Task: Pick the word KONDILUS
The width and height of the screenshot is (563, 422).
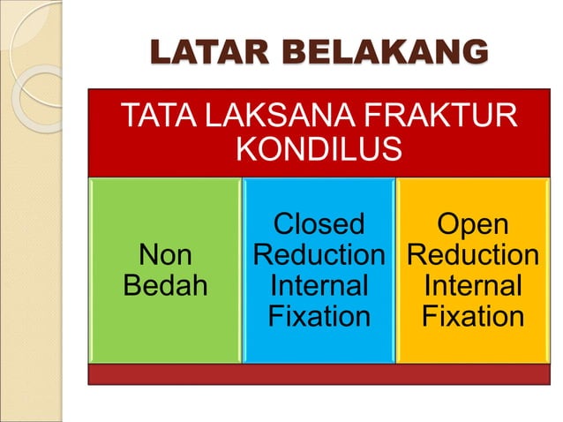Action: (x=319, y=151)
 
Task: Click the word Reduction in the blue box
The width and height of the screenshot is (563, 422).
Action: (x=319, y=256)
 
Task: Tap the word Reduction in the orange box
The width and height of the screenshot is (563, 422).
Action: (x=472, y=256)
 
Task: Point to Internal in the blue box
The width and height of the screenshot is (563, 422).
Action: (x=319, y=286)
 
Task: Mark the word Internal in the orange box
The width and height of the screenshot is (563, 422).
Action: (x=472, y=286)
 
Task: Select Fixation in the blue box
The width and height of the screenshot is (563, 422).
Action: (x=319, y=316)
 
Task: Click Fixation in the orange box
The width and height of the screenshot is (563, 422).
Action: (x=472, y=316)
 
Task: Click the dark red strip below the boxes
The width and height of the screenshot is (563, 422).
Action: (x=319, y=374)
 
